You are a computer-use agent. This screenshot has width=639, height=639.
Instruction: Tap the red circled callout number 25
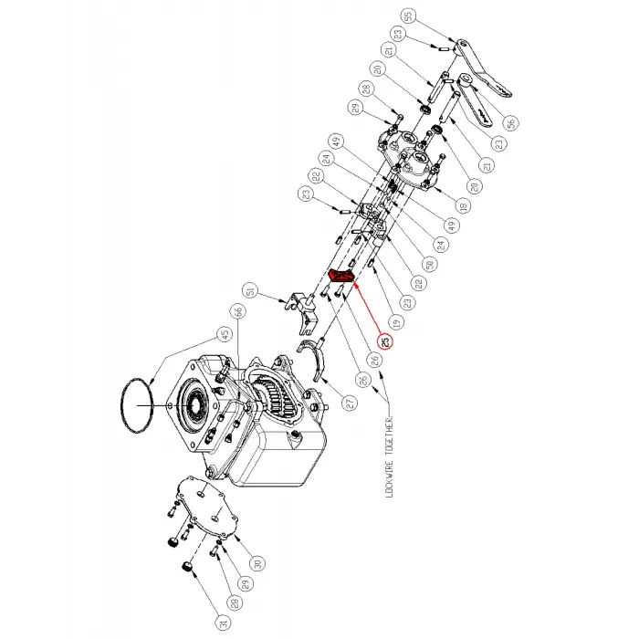tap(385, 343)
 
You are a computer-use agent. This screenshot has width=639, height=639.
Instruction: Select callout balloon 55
tap(407, 16)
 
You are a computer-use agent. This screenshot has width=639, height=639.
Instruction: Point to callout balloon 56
tap(509, 124)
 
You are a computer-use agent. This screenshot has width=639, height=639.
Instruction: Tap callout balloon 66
tap(239, 313)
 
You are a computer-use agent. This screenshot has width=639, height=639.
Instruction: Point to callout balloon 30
tap(258, 561)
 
